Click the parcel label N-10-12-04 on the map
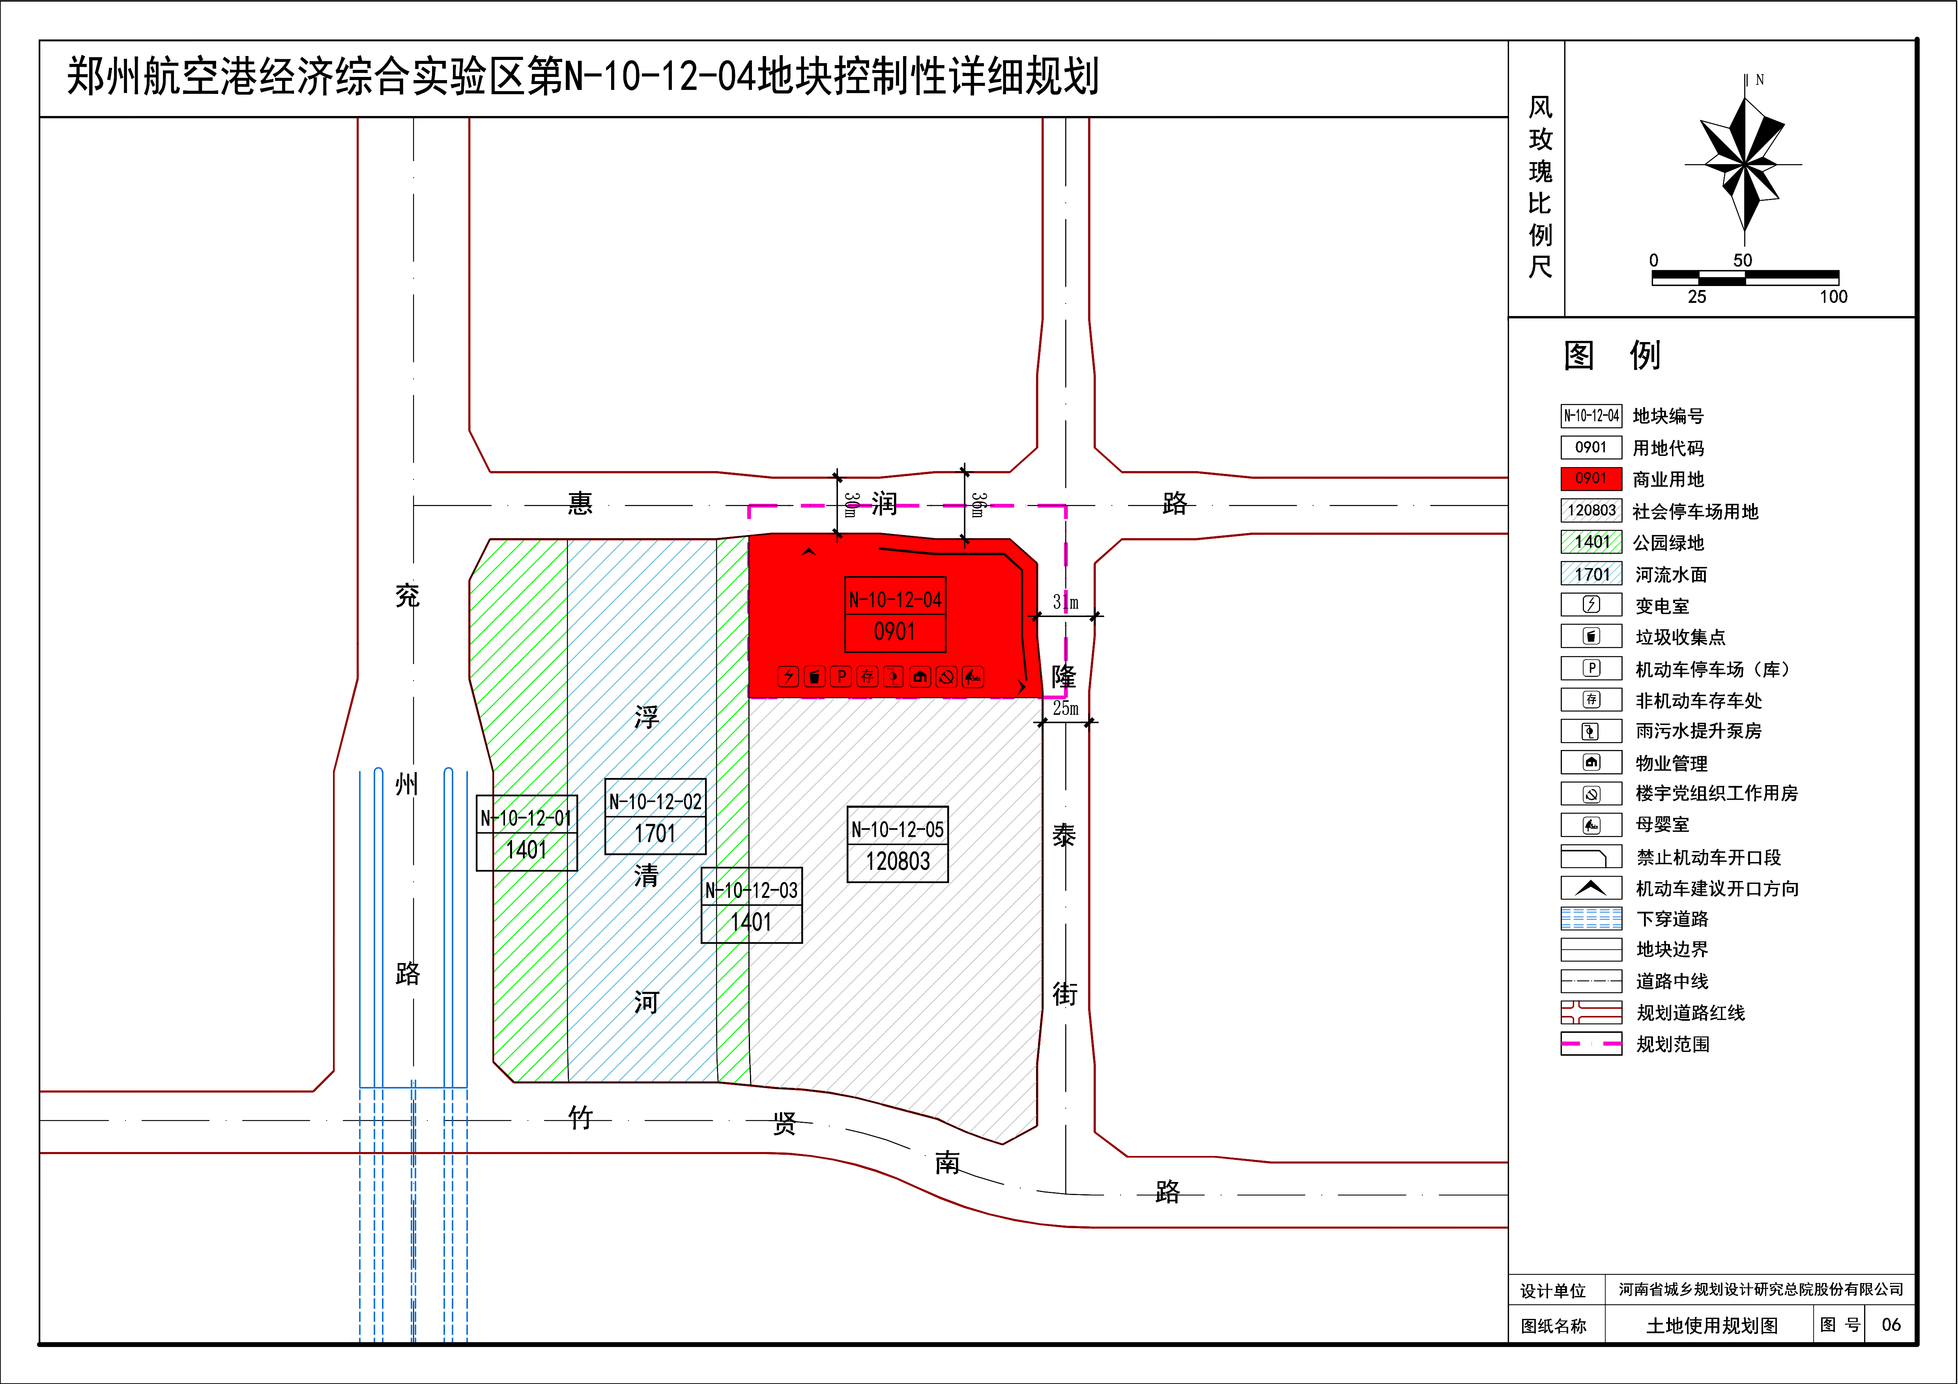895,599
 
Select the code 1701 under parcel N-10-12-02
655,833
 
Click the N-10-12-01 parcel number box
526,818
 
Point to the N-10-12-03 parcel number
751,890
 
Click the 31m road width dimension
1065,602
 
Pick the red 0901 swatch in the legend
1590,479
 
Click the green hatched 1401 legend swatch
1590,542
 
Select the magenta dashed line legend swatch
1590,1044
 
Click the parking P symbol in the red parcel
841,676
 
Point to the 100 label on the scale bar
1833,297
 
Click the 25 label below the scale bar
1697,297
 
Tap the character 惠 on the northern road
580,503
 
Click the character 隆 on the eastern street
1063,676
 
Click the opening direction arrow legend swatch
1590,888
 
